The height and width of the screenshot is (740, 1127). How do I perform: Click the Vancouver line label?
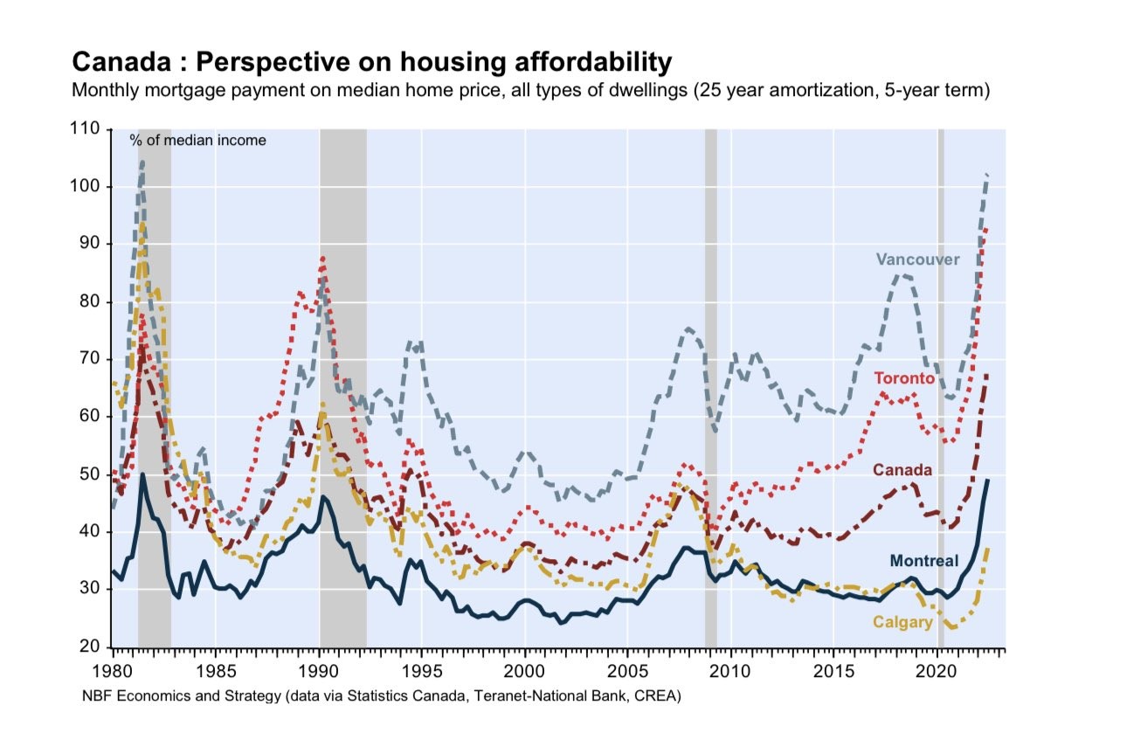[x=917, y=259]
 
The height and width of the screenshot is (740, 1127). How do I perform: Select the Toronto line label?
[x=904, y=378]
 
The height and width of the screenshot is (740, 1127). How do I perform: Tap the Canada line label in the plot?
[x=902, y=470]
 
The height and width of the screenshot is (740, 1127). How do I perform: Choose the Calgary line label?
[x=902, y=622]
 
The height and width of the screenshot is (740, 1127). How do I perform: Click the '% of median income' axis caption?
[x=198, y=140]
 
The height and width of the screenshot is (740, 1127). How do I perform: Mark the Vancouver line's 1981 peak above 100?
[x=142, y=163]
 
